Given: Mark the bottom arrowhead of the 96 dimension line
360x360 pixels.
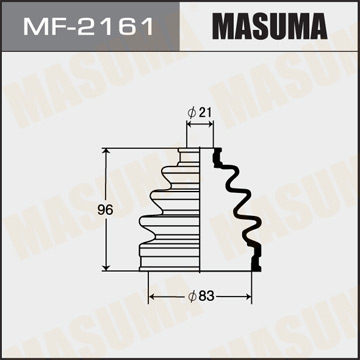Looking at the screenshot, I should click(108, 267).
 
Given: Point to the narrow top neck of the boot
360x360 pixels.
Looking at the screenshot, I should click(190, 156).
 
